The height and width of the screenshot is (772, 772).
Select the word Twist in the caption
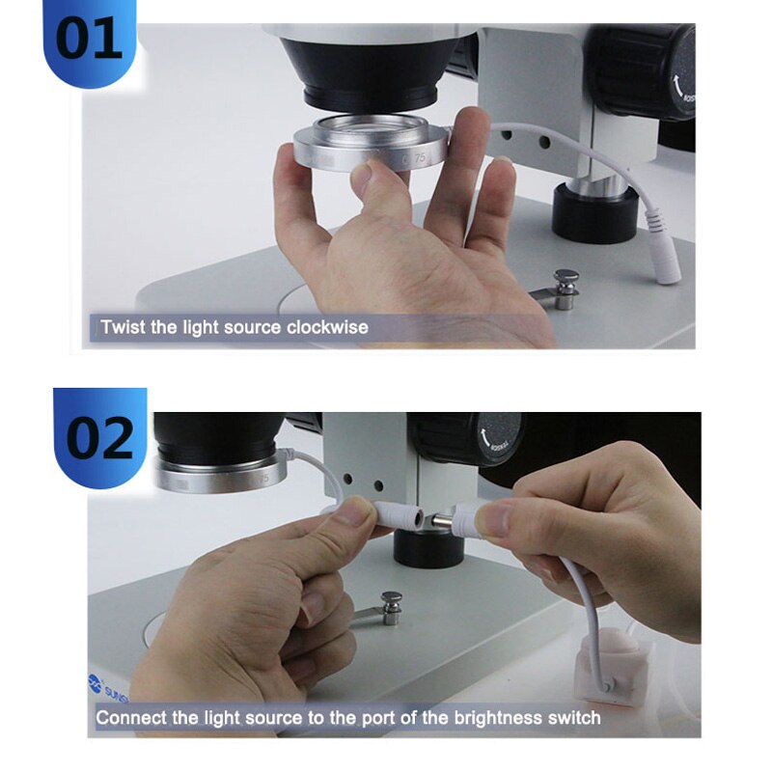[x=123, y=327]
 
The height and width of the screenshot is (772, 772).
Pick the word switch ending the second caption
[x=575, y=718]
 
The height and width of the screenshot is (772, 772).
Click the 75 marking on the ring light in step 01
[x=420, y=155]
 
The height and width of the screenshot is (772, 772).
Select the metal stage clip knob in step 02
[x=392, y=604]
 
